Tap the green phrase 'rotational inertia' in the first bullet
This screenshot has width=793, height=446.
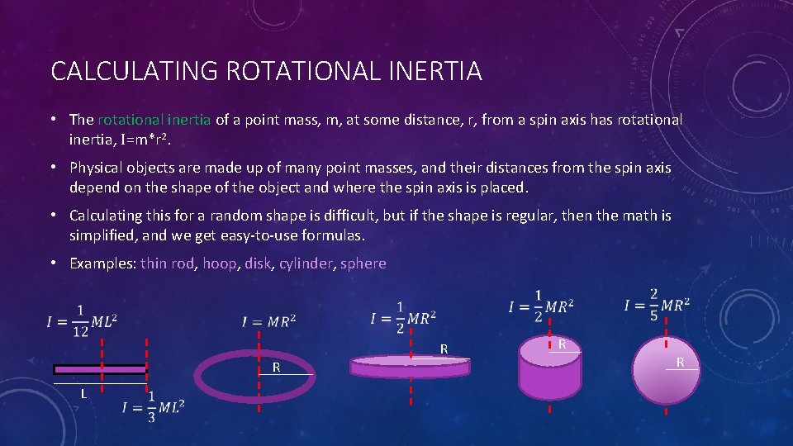pyautogui.click(x=154, y=120)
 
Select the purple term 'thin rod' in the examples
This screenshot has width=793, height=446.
pyautogui.click(x=165, y=263)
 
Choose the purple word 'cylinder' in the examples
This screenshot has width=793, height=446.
pyautogui.click(x=306, y=263)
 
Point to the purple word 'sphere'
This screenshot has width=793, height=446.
pyautogui.click(x=363, y=263)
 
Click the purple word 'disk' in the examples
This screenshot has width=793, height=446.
pyautogui.click(x=258, y=263)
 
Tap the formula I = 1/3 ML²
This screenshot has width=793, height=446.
pyautogui.click(x=153, y=407)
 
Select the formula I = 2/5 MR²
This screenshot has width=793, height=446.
pyautogui.click(x=657, y=305)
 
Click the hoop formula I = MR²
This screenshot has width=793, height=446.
pyautogui.click(x=268, y=320)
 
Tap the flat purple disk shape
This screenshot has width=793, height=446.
pyautogui.click(x=411, y=365)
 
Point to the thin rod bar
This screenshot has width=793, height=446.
pyautogui.click(x=100, y=369)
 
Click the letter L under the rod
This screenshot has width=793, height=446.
pyautogui.click(x=83, y=393)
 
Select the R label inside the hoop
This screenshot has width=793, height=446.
pyautogui.click(x=278, y=367)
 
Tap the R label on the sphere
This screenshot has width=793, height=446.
pyautogui.click(x=680, y=362)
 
